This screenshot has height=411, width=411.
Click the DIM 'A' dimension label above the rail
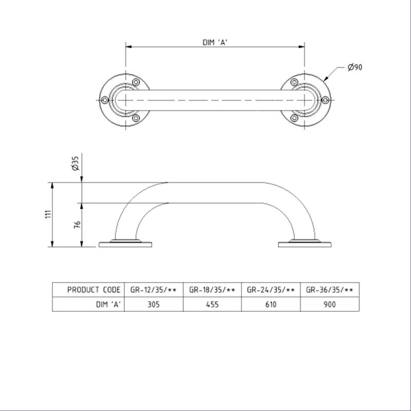215,42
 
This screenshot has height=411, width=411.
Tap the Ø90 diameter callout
355,67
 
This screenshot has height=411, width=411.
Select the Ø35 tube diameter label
75,164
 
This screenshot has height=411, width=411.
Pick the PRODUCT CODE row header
94,290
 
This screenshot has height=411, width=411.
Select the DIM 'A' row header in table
108,304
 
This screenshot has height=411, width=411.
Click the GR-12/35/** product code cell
153,290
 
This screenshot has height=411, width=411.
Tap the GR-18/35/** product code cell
212,290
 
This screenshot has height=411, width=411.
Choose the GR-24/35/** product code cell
271,290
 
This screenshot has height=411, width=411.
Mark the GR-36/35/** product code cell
330,290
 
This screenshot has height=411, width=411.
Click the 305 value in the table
153,304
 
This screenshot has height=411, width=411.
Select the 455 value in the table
212,304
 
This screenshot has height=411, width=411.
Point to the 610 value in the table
271,304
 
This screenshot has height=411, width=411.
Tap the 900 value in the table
330,304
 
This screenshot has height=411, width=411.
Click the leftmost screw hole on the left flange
104,100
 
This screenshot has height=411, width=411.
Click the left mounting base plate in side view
125,244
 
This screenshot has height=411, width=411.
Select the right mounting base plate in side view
305,244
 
